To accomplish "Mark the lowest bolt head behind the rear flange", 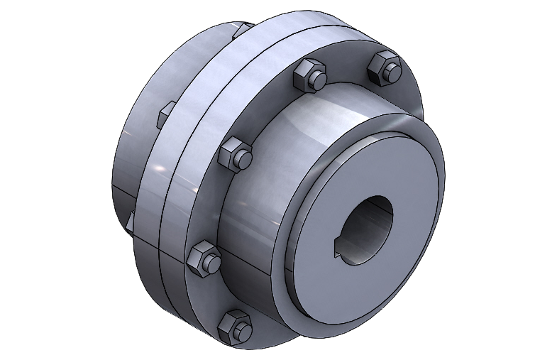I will tap(131, 222).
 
